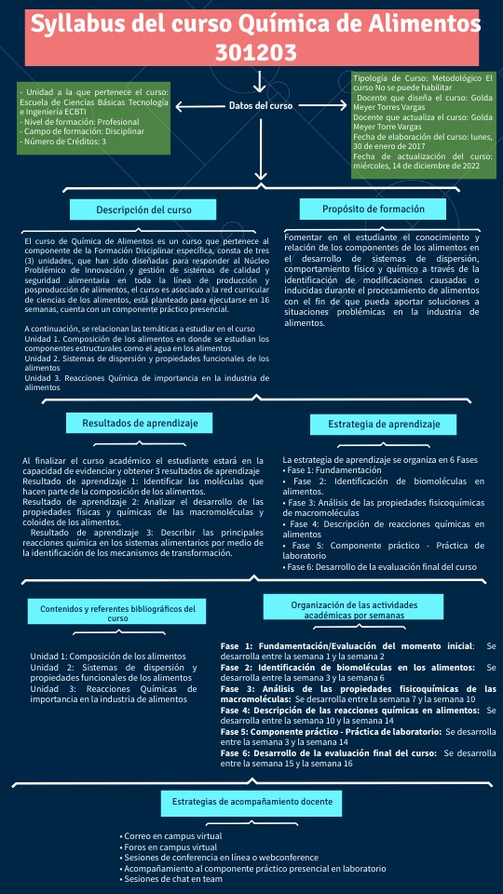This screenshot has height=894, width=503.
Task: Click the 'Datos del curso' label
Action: (261, 106)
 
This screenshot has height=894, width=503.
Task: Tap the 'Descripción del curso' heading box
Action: (143, 210)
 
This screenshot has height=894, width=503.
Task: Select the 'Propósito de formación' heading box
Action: (374, 209)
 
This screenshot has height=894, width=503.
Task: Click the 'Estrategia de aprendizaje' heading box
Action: (384, 424)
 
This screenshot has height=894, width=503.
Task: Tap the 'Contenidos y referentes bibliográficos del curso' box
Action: (117, 612)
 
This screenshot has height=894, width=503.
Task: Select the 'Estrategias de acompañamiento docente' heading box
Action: (251, 801)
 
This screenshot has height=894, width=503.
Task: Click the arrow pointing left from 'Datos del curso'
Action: (197, 106)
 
